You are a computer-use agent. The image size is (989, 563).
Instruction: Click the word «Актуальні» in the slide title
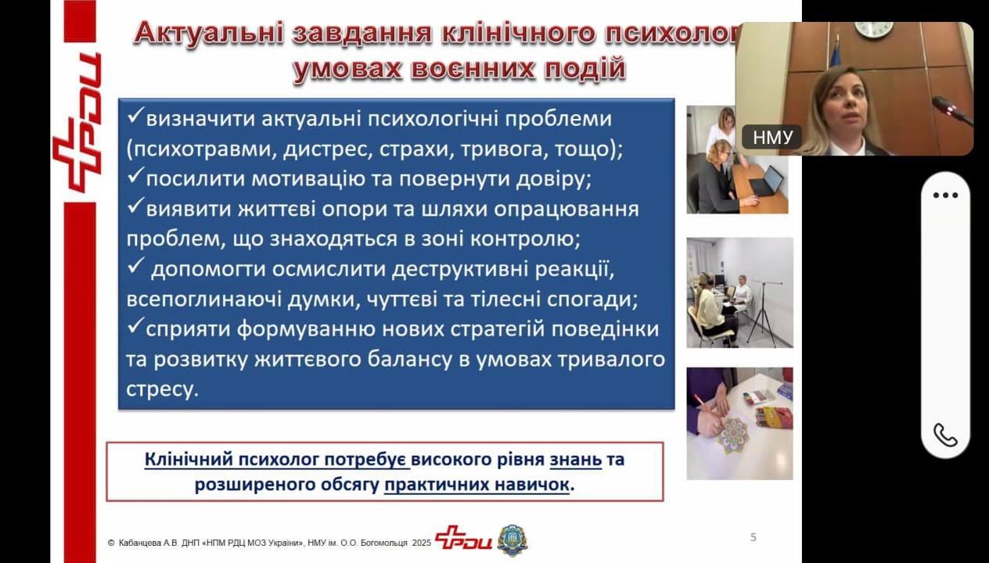point(208,34)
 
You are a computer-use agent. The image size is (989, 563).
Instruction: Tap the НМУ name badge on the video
point(772,137)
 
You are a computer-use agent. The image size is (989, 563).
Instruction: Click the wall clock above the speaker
point(873,30)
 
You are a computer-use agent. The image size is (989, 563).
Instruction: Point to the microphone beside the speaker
point(951,110)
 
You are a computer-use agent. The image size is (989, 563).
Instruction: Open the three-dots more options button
point(945,195)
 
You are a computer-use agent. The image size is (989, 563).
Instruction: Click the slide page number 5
point(753,537)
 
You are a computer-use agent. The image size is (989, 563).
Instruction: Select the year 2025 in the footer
point(421,543)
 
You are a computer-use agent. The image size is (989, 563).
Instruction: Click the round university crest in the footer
point(512,540)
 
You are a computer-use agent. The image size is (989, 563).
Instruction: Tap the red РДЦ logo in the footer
point(463,537)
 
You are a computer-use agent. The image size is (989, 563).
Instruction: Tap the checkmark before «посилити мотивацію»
point(135,176)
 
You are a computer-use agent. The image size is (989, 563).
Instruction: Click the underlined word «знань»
point(576,459)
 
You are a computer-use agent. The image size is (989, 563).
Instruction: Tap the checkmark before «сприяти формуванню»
point(135,326)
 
